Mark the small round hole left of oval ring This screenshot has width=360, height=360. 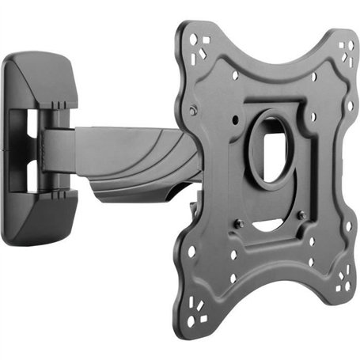236,120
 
